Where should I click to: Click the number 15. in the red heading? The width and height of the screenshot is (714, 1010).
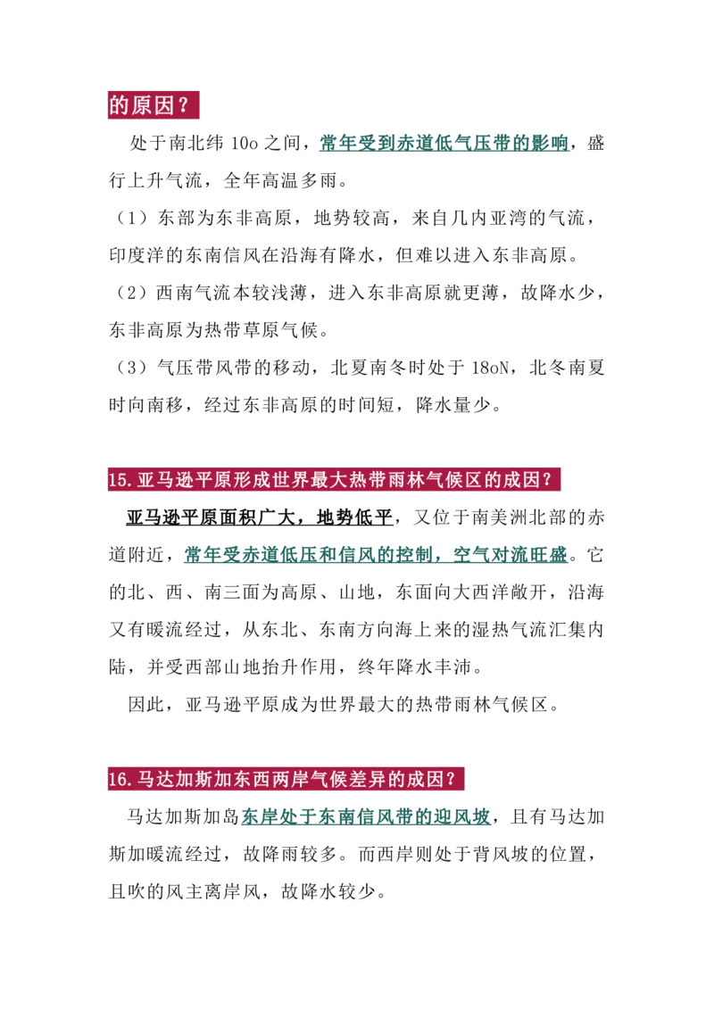tap(120, 480)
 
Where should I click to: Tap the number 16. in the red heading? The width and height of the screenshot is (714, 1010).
tap(120, 780)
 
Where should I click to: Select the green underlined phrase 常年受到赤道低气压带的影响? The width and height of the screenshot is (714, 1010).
tap(444, 143)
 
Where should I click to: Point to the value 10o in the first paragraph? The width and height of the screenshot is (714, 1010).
tap(245, 143)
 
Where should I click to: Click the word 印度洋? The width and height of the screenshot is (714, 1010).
tap(137, 255)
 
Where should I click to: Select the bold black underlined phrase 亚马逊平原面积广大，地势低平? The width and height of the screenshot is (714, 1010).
tap(260, 517)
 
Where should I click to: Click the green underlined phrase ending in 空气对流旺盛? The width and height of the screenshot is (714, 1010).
tap(377, 555)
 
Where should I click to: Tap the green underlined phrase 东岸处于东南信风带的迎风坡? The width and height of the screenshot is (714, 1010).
tap(366, 816)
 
